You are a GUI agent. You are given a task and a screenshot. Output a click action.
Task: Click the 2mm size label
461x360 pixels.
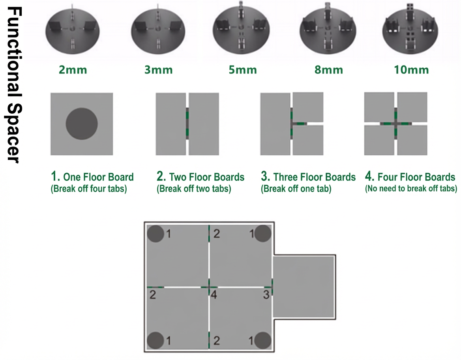73,70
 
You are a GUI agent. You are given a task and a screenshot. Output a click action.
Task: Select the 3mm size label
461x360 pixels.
159,70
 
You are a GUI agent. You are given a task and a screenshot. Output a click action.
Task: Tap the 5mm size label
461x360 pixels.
243,70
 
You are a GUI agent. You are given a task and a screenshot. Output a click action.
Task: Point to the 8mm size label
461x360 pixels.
329,70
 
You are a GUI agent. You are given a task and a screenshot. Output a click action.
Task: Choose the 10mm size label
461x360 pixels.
411,70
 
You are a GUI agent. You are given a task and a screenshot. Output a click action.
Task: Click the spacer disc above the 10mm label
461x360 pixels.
410,30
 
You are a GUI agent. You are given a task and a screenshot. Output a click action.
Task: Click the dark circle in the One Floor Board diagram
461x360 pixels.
82,124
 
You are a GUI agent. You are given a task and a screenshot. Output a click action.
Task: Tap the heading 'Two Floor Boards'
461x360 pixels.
207,177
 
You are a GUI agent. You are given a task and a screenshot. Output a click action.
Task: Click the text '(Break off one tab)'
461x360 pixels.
296,189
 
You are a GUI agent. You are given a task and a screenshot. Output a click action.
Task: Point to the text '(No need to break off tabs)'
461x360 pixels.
411,189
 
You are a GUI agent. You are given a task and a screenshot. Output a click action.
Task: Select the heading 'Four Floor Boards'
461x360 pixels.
416,177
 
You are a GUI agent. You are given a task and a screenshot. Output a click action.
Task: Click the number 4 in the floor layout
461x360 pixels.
214,294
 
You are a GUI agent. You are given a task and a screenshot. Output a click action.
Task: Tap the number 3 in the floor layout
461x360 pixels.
266,294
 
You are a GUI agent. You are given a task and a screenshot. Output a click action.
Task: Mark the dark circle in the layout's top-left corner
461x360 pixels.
156,234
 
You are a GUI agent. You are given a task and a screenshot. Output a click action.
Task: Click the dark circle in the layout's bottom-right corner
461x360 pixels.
263,341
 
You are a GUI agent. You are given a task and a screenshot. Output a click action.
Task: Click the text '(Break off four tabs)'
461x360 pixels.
89,189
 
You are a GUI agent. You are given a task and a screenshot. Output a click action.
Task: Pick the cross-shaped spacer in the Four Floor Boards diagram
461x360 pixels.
396,124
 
